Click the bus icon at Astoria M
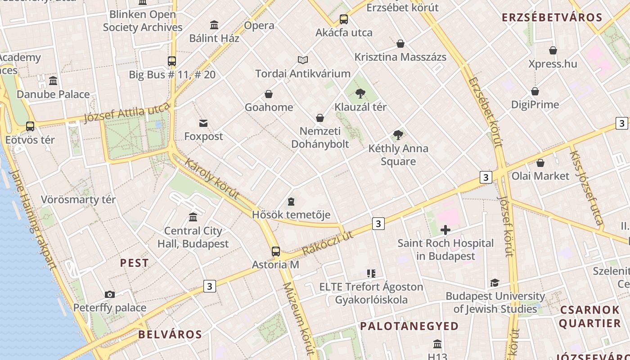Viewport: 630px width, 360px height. coord(275,252)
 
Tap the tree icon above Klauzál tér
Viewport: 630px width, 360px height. coord(360,94)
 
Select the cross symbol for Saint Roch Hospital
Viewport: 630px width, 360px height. coord(445,230)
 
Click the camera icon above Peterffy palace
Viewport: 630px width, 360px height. coord(109,294)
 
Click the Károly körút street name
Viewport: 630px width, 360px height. coord(211,179)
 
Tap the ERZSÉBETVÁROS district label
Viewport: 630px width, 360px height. coord(552,18)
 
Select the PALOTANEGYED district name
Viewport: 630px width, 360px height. coord(409,326)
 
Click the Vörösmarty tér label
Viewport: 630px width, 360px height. coord(78,199)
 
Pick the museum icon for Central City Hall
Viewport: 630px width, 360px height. coord(193,217)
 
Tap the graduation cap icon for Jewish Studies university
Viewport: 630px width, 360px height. coord(495,283)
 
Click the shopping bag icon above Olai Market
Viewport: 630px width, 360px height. coord(540,162)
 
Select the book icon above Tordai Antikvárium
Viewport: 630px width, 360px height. coord(303,60)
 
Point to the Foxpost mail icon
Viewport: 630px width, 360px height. coord(203,123)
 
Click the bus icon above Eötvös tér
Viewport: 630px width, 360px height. coord(30,126)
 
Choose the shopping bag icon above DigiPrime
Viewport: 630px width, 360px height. coord(535,91)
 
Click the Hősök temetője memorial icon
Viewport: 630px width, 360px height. coord(291,201)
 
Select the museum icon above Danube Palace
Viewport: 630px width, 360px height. coord(53,81)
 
